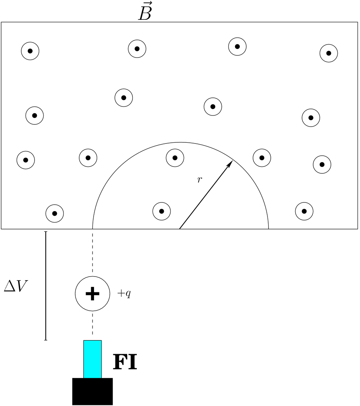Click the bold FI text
tap(125, 362)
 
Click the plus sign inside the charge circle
tap(93, 294)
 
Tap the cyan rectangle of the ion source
tap(93, 359)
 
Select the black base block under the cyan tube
tap(93, 391)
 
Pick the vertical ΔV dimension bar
tap(46, 286)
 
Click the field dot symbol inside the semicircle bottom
tap(162, 211)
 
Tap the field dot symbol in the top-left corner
tap(30, 51)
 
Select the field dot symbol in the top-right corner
tap(329, 53)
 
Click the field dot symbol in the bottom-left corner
tap(55, 213)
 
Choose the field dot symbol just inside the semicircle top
tap(175, 158)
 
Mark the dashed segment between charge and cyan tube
tap(93, 326)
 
